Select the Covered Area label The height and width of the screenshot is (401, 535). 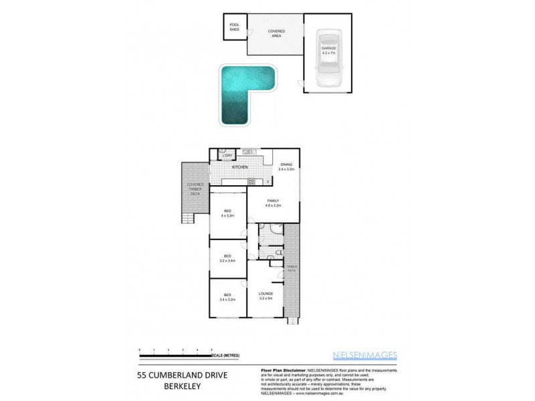tap(275, 33)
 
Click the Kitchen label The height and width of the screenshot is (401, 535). tap(240, 167)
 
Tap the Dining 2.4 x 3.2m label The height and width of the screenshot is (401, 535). tap(286, 166)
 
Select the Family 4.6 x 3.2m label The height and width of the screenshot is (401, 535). tap(273, 203)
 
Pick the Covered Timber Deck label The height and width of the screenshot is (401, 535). tap(195, 188)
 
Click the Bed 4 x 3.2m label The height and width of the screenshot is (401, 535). tap(227, 215)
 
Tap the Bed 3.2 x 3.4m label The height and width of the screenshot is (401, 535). tap(227, 258)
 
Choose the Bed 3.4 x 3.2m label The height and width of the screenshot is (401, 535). tap(227, 297)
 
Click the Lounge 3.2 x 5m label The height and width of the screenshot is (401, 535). tap(265, 295)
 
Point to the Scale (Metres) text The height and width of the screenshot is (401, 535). tap(225, 355)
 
